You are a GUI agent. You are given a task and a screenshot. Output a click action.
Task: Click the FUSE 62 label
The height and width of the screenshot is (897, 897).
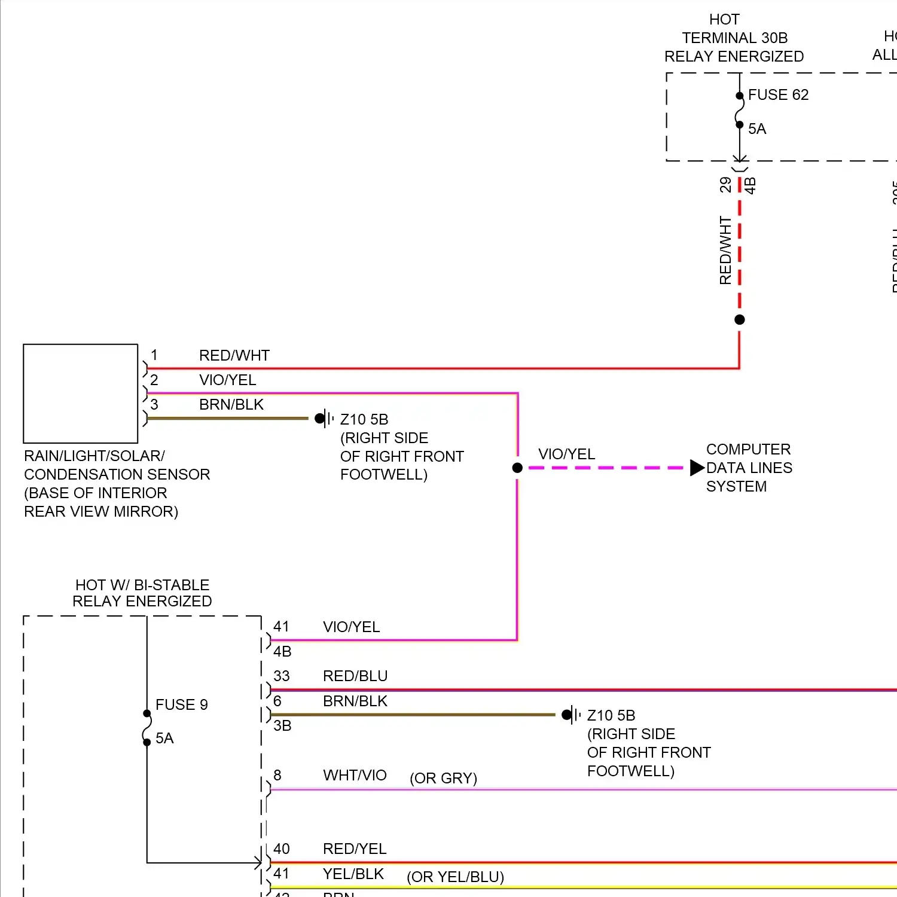coord(778,95)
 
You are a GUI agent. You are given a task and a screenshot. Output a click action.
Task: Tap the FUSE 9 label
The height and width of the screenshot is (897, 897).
coord(181,705)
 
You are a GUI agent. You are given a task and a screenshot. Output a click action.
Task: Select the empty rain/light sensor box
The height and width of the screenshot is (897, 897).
coord(81,393)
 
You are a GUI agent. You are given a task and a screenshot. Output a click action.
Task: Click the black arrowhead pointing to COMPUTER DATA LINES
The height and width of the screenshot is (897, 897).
coord(697,468)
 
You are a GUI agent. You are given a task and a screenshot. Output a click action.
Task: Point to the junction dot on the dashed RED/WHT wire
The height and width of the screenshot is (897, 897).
coord(740,320)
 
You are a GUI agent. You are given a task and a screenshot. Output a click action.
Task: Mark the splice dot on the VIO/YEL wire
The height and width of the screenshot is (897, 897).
coord(517,468)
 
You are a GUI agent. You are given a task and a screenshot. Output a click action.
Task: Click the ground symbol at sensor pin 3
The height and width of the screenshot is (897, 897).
coord(324,419)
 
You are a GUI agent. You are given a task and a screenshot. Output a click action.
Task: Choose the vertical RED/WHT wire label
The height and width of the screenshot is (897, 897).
coord(725,251)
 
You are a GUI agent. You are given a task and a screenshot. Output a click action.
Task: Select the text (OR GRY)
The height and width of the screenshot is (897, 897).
coord(443,779)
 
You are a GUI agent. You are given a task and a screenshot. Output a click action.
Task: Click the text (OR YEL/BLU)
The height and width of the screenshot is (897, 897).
coord(455,877)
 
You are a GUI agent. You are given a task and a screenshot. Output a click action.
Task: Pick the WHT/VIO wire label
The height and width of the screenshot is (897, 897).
coord(355,776)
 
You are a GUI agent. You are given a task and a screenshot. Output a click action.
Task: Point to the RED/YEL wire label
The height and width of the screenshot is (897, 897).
coord(355,849)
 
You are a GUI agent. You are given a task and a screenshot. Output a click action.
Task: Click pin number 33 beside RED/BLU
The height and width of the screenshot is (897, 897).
coord(282,676)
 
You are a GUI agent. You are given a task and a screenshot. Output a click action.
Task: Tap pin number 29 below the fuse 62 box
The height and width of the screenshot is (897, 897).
coord(725,185)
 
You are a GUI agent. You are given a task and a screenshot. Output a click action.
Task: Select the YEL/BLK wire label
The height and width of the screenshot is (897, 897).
coord(353,874)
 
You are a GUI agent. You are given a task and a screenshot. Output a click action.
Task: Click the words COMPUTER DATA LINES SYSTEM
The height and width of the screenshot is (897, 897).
coord(749,468)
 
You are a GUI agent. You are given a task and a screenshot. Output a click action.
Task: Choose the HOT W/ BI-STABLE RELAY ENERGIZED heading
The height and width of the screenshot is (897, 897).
coord(142,593)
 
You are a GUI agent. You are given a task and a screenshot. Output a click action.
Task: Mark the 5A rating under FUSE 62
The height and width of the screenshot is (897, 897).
coord(757,129)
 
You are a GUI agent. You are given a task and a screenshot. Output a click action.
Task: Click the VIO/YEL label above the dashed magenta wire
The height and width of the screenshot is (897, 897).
coord(566,454)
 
